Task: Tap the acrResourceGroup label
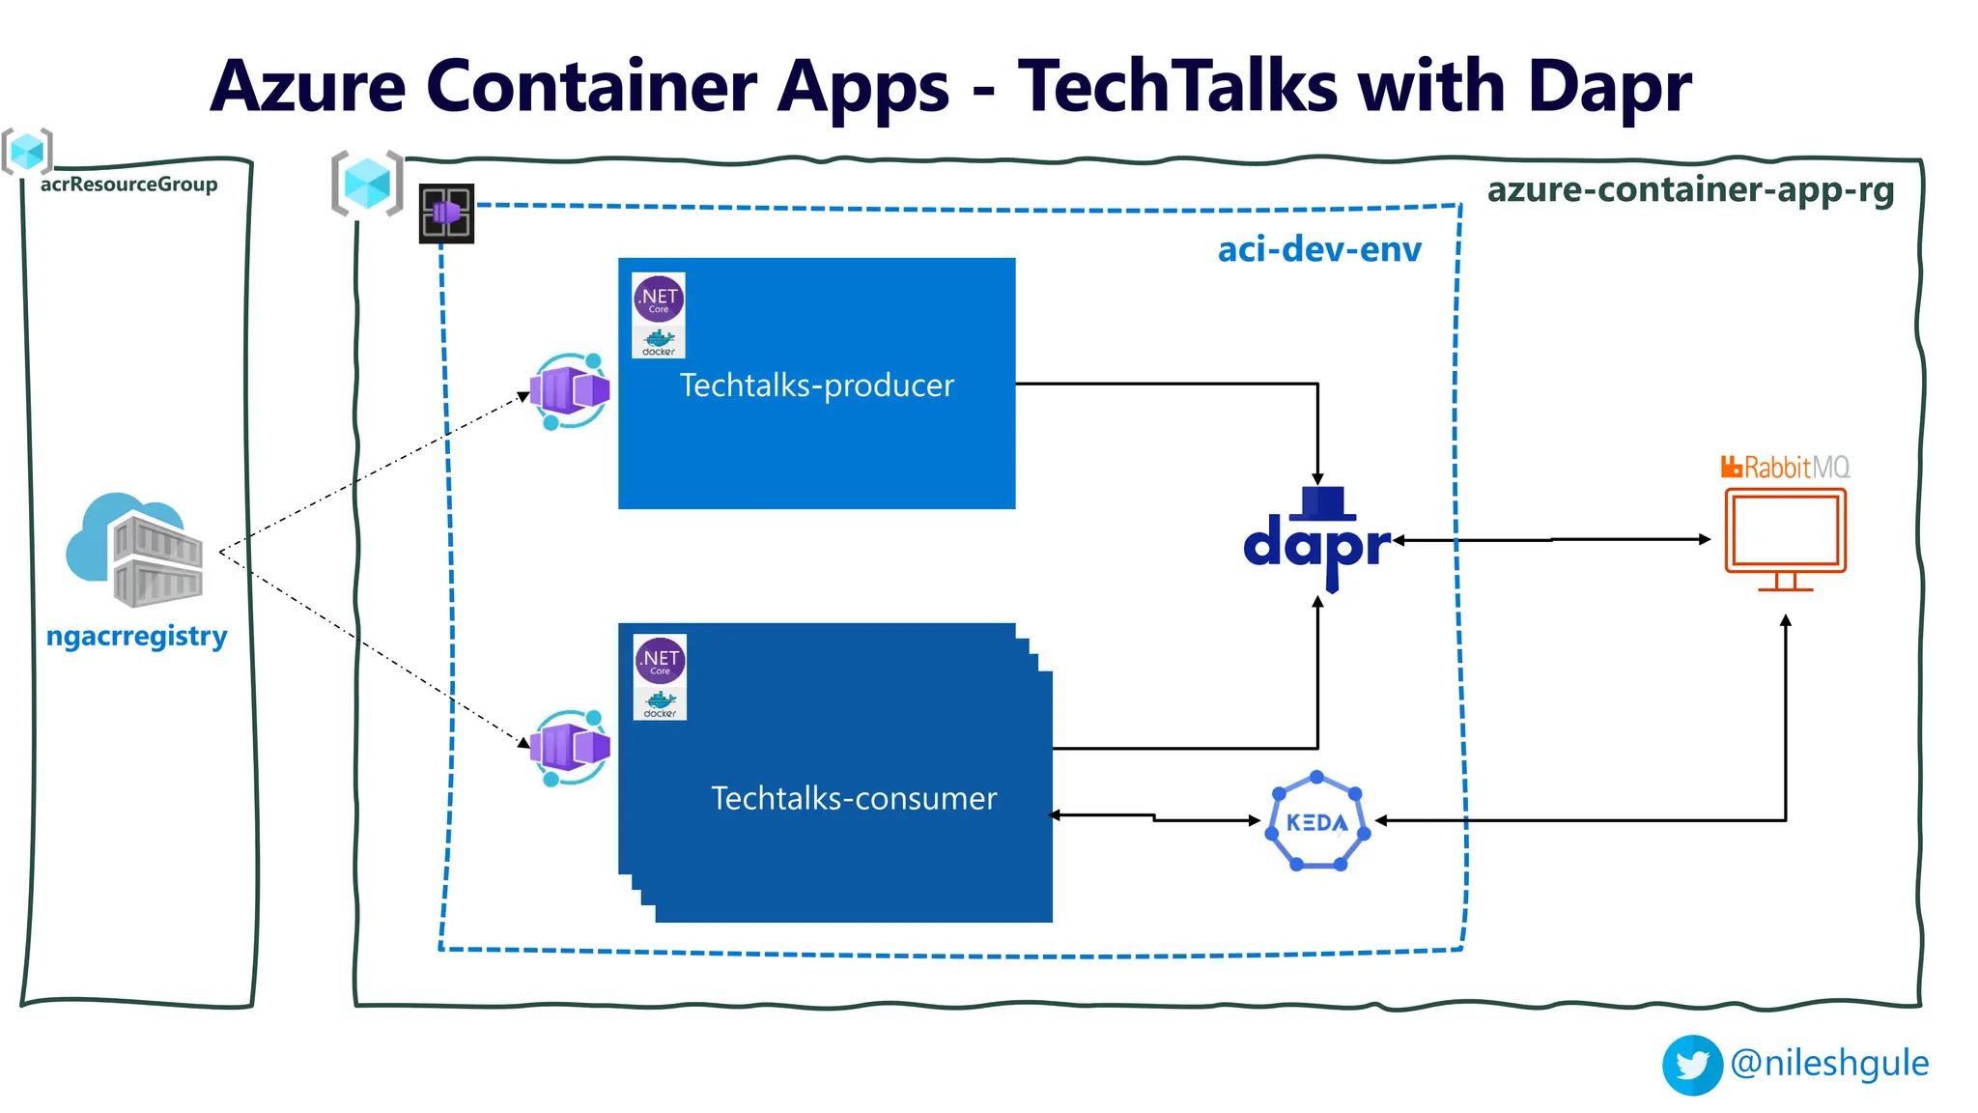(128, 184)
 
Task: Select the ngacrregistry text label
(137, 636)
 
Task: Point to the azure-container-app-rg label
(1690, 189)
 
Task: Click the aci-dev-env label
(1319, 249)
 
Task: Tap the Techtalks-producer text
(817, 385)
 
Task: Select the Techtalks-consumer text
(854, 798)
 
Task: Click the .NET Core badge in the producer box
(659, 300)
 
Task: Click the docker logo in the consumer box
(660, 702)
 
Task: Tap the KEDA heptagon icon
(1317, 822)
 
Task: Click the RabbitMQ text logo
(1785, 468)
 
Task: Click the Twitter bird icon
(1692, 1065)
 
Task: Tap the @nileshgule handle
(1829, 1063)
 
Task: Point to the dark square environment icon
(446, 214)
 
